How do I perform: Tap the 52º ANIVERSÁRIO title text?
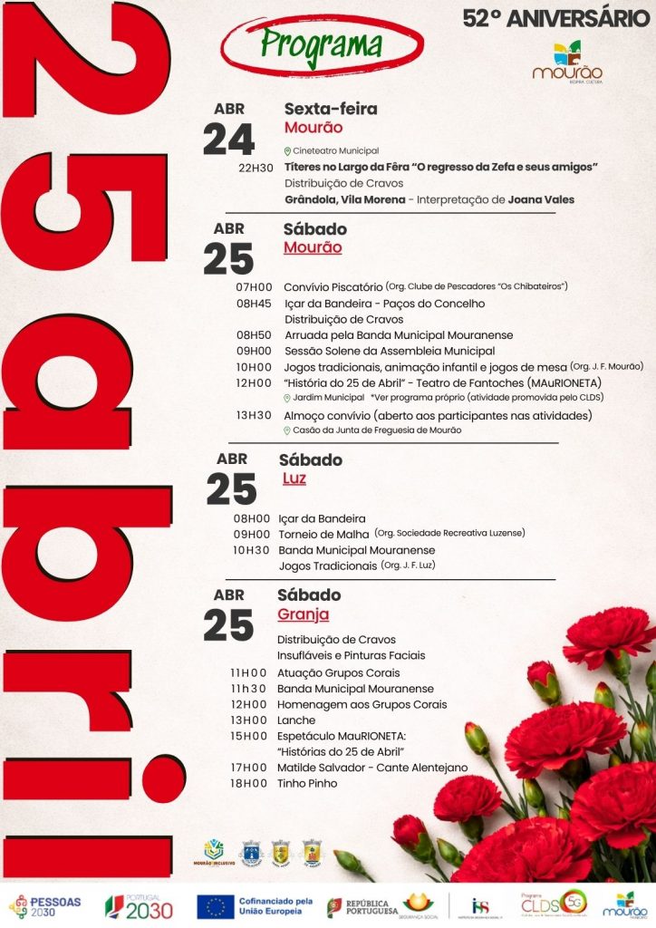[x=555, y=17]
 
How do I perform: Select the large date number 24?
[x=228, y=140]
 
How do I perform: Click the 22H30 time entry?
[x=256, y=168]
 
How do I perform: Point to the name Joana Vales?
[x=541, y=199]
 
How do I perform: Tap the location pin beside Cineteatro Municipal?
[x=287, y=150]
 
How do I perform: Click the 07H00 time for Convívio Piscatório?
[x=253, y=287]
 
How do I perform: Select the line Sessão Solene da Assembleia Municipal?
[x=390, y=351]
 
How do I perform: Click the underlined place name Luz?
[x=294, y=478]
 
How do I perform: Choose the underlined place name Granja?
[x=303, y=614]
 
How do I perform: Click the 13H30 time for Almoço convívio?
[x=253, y=416]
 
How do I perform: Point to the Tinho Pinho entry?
[x=307, y=783]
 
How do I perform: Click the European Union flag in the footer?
[x=216, y=906]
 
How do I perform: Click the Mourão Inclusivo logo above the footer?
[x=214, y=853]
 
